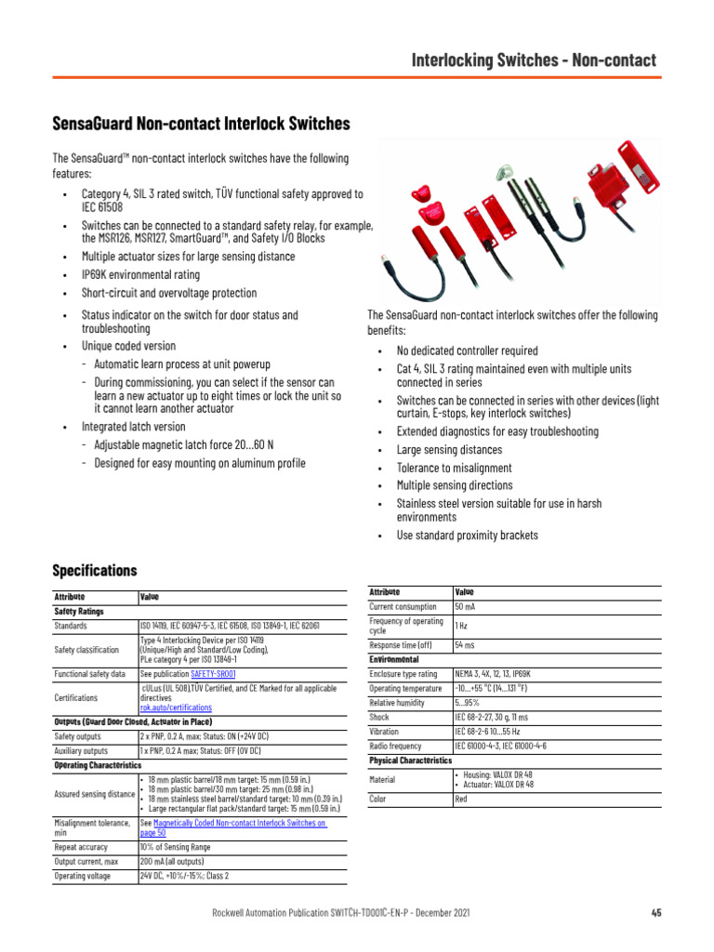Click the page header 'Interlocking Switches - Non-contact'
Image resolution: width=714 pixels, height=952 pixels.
click(535, 60)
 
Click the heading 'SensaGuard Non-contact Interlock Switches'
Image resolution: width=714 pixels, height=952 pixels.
click(201, 124)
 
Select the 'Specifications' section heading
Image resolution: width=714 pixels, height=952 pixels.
click(95, 570)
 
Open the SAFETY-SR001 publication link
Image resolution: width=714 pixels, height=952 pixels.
click(214, 674)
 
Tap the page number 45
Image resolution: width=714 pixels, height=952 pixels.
click(655, 913)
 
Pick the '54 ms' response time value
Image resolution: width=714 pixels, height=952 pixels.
click(465, 644)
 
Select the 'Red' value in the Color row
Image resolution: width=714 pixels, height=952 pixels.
click(461, 799)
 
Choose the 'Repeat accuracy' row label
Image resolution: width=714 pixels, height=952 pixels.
click(81, 848)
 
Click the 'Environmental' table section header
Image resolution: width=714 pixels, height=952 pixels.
click(402, 658)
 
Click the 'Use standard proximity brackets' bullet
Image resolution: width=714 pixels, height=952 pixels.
click(467, 535)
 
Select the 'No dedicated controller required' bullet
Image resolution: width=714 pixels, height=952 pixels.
click(467, 351)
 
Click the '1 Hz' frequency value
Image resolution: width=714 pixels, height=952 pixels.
click(461, 626)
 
